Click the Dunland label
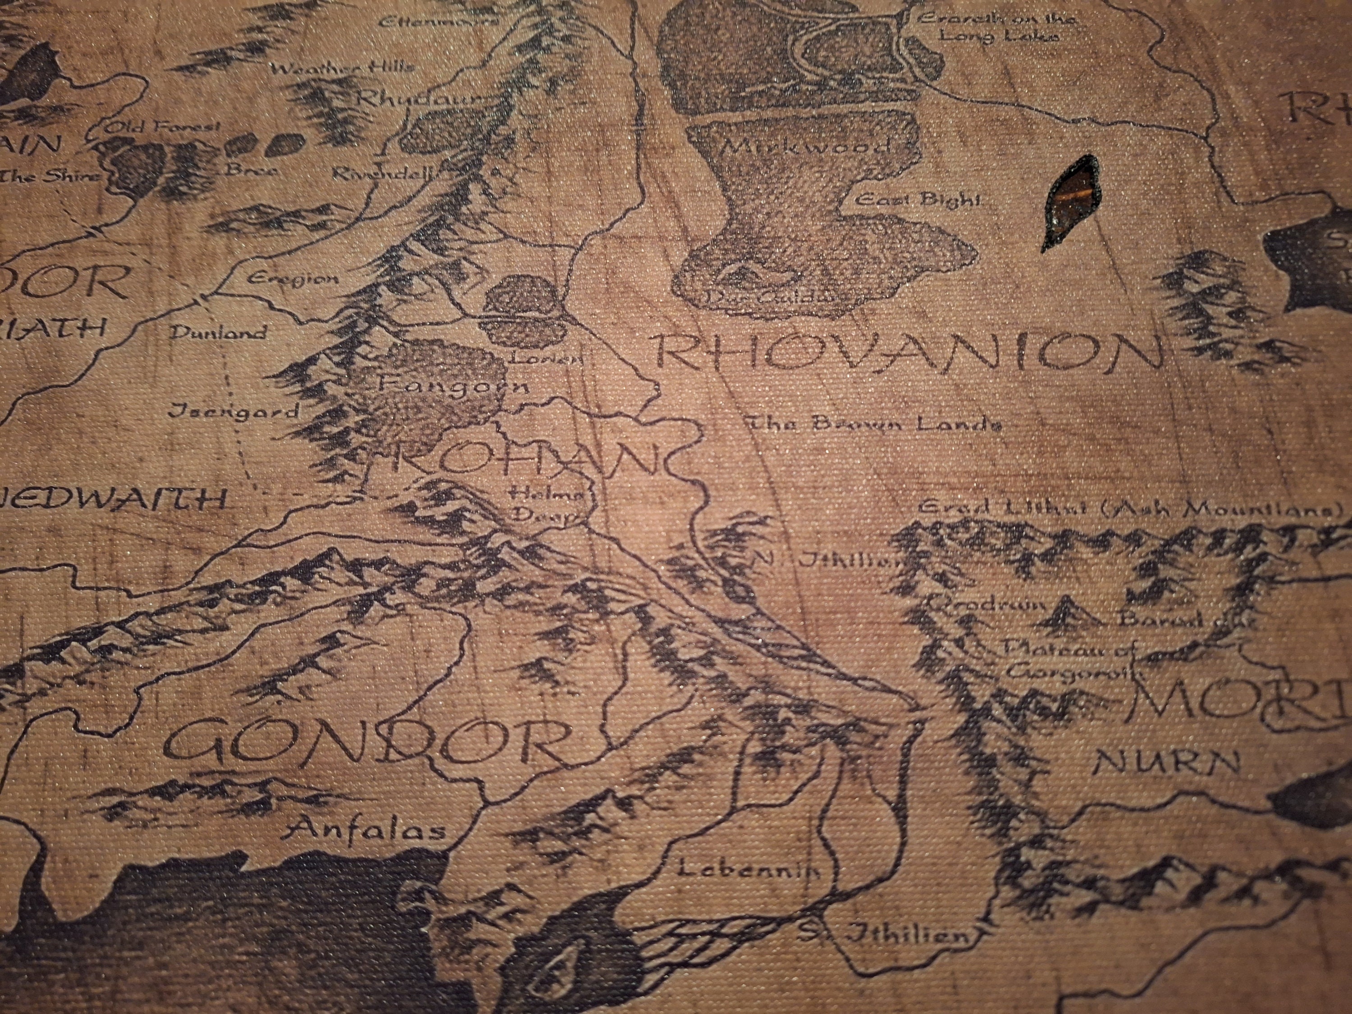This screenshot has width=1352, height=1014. click(x=218, y=333)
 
